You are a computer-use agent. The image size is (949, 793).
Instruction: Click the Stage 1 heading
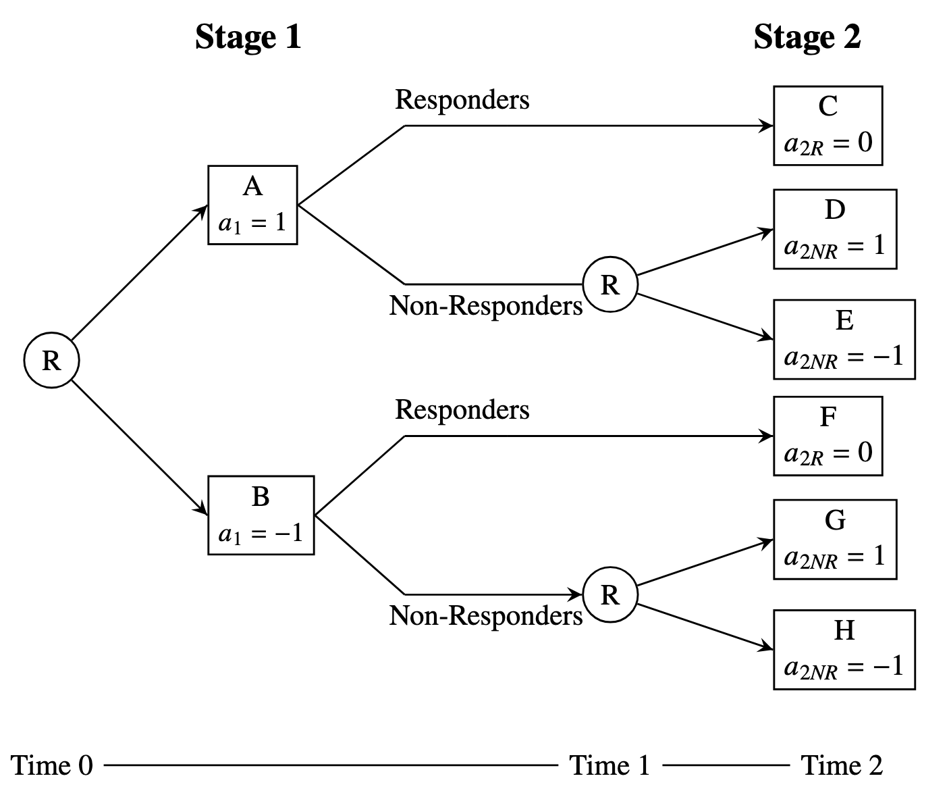[248, 36]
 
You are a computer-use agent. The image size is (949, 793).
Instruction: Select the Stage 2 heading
[807, 36]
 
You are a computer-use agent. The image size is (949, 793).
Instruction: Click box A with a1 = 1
[252, 205]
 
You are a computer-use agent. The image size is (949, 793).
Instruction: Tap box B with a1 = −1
[261, 515]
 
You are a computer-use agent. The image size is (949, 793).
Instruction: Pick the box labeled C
[828, 126]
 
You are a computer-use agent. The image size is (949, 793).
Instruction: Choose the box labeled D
[835, 229]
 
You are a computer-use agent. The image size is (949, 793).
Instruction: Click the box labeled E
[844, 339]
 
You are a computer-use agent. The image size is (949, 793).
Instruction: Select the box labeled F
[828, 436]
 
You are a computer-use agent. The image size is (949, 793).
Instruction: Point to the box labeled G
[835, 539]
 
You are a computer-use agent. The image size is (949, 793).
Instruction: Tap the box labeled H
[844, 649]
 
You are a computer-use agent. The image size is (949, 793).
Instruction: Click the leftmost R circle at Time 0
[52, 361]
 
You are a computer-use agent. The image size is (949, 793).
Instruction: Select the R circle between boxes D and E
[610, 284]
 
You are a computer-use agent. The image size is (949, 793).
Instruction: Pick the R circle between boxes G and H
[610, 594]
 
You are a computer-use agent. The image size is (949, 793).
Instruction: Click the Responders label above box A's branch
[462, 100]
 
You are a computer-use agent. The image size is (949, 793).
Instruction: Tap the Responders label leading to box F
[462, 410]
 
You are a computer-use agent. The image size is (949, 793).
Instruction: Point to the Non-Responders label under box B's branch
[485, 616]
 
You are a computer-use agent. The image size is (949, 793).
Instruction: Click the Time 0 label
[52, 765]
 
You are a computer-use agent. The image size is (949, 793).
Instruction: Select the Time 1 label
[610, 765]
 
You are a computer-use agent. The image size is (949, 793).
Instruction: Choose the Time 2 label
[842, 765]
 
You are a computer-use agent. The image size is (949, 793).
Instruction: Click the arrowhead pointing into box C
[767, 126]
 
